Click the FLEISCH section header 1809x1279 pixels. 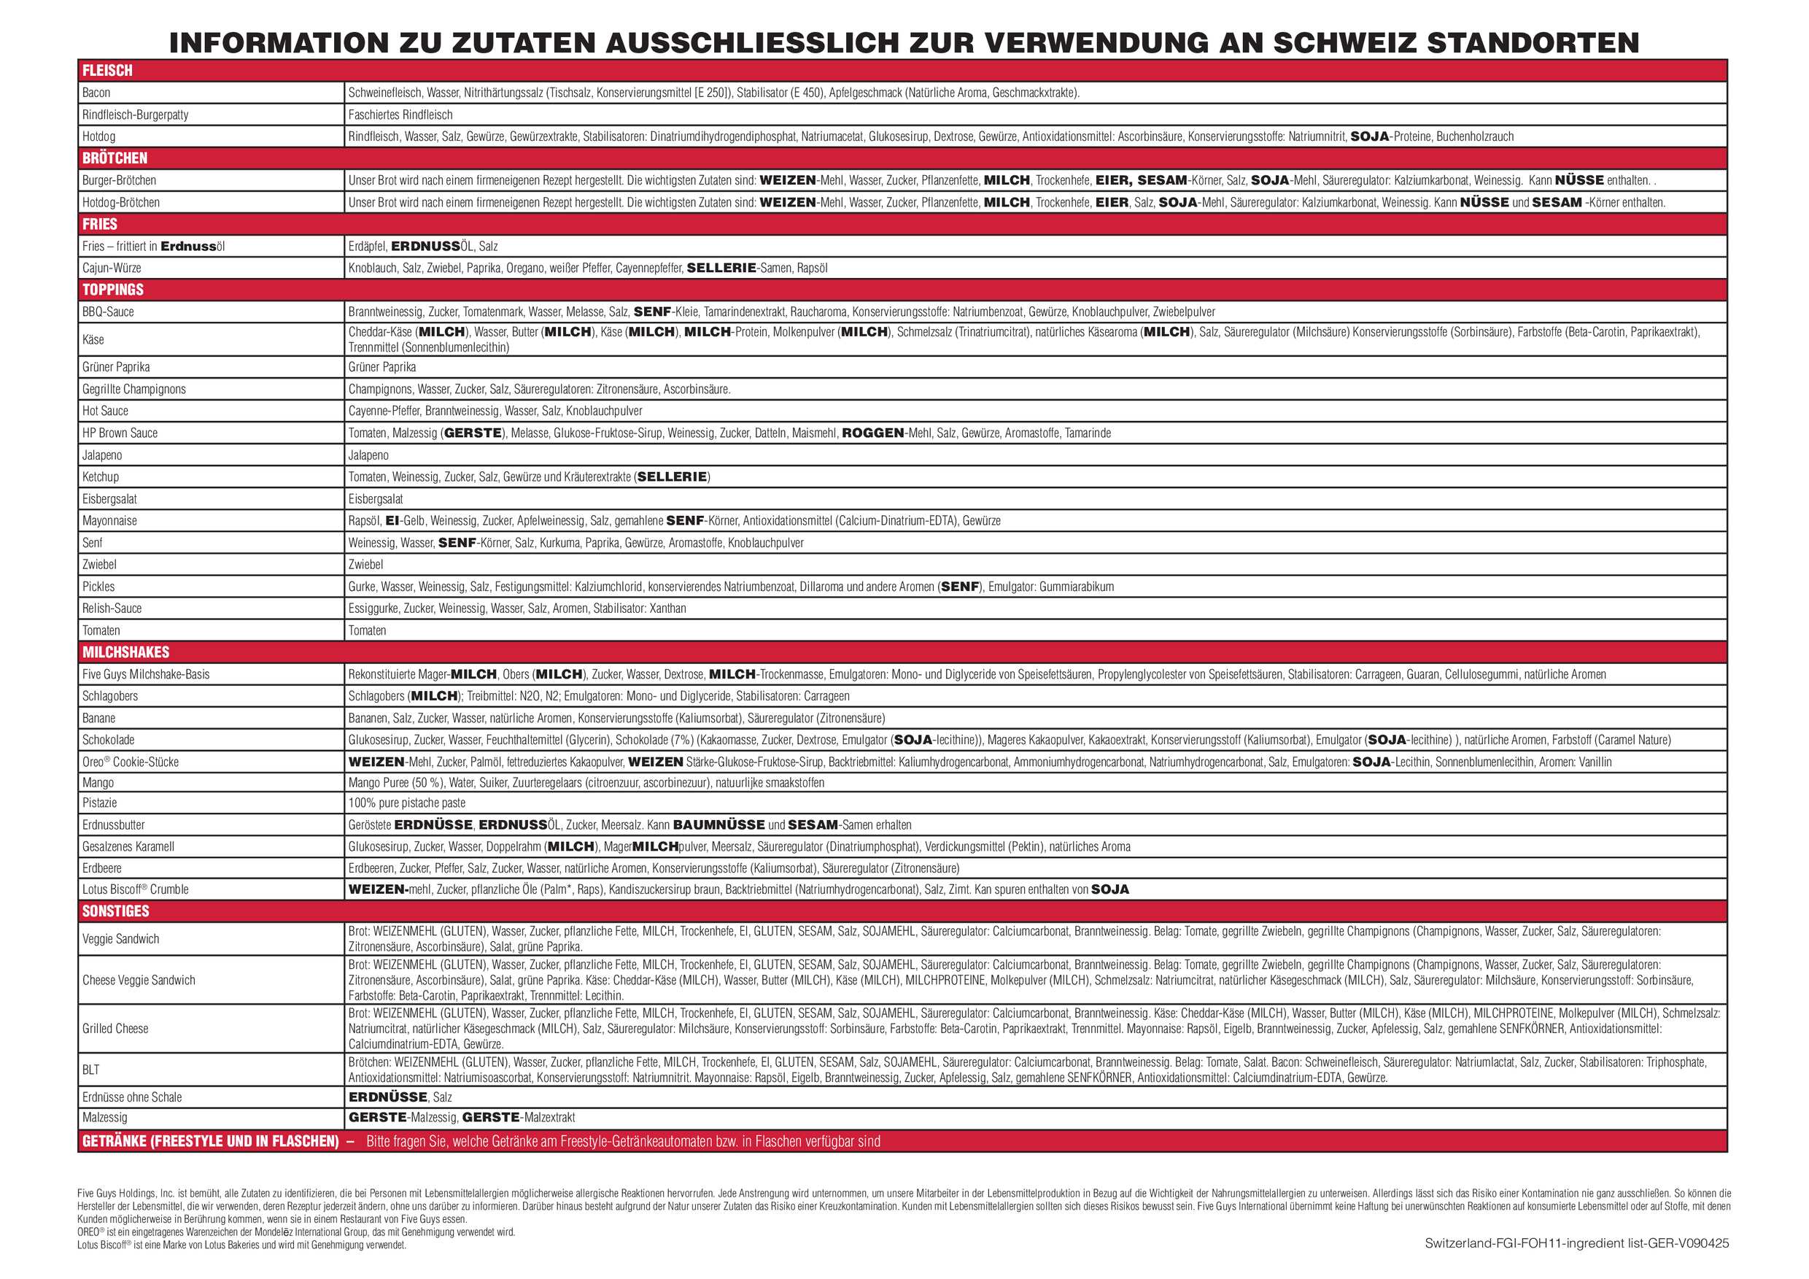point(107,70)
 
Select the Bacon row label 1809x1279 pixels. point(96,92)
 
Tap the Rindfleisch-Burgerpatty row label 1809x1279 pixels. point(135,115)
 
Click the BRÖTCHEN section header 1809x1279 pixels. point(115,158)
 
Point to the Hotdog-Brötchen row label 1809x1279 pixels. point(120,203)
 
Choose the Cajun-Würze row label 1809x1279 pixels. point(111,268)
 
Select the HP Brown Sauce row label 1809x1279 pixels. point(120,433)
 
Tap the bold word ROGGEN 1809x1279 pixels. point(872,433)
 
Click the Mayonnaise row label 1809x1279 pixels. point(109,520)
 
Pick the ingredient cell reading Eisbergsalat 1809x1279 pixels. point(375,499)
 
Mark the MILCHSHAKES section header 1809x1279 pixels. point(125,652)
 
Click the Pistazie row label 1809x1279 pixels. point(99,803)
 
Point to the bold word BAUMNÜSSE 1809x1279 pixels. point(718,824)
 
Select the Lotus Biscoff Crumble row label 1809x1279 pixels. point(135,889)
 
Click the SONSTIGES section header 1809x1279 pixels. point(115,911)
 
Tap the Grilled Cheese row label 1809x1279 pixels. point(115,1029)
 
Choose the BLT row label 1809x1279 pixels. point(90,1070)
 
